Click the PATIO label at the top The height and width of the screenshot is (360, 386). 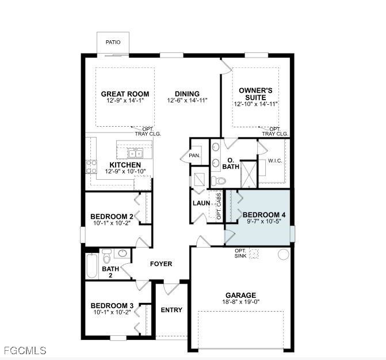coord(113,43)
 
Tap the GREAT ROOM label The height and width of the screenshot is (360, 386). coord(125,94)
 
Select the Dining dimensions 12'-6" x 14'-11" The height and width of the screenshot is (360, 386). coord(187,101)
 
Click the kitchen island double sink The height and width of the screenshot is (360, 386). coord(135,153)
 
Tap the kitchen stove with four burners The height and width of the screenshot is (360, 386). coord(91,166)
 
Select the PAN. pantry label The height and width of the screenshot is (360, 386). coord(194,156)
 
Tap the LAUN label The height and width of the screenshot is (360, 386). coord(201,203)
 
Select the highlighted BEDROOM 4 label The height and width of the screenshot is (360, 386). coord(265,214)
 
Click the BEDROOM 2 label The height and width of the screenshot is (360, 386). coord(112,217)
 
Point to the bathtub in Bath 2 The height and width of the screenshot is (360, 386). coord(91,267)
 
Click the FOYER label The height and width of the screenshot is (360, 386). coord(161,264)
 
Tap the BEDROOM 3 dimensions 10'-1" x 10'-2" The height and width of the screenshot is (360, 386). coord(112,313)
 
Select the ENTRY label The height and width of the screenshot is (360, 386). coord(171,310)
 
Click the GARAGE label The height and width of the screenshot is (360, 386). coord(241,295)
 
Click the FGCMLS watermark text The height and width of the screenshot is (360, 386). coord(24,350)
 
